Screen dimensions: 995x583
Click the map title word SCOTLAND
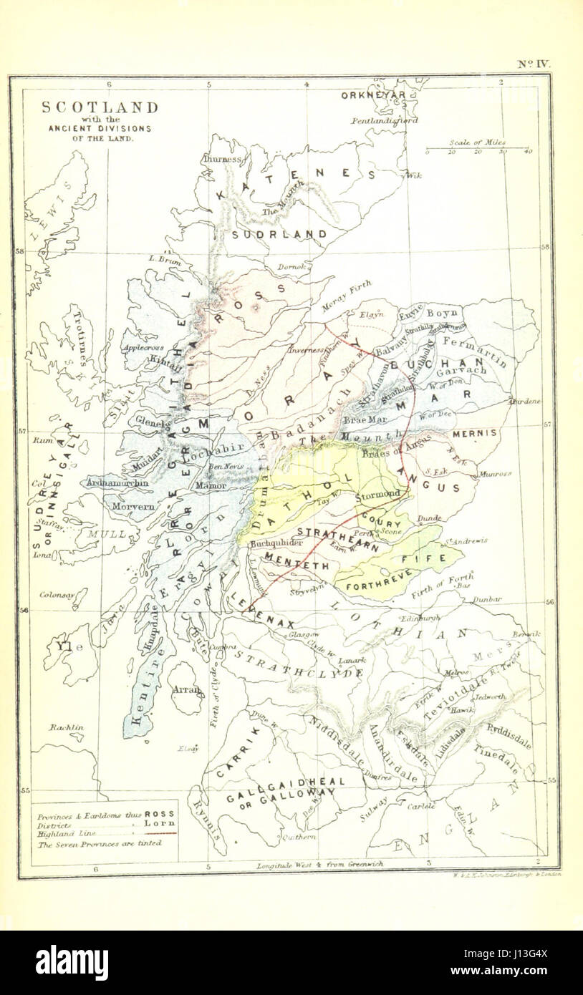(x=100, y=107)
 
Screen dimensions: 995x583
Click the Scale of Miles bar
(x=477, y=151)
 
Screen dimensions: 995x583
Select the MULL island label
(x=106, y=534)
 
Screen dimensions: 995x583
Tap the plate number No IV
(x=534, y=64)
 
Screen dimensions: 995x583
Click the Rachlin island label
(x=67, y=727)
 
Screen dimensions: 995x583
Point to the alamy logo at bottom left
(x=72, y=963)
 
